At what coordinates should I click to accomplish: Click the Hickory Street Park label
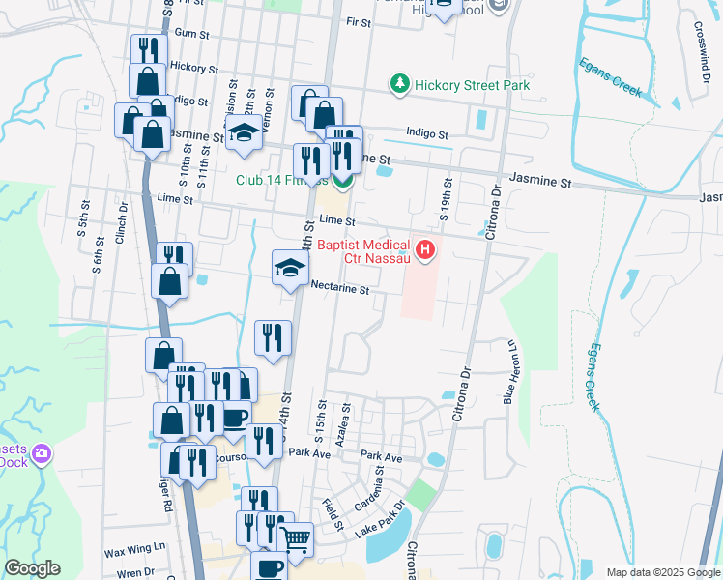(472, 85)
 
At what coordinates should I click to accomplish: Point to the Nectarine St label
(340, 289)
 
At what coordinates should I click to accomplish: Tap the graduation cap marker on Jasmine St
(244, 135)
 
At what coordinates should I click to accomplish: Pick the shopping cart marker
(296, 537)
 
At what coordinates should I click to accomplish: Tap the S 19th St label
(447, 198)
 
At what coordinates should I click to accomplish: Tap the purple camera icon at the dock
(41, 453)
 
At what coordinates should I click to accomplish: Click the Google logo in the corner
(32, 568)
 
